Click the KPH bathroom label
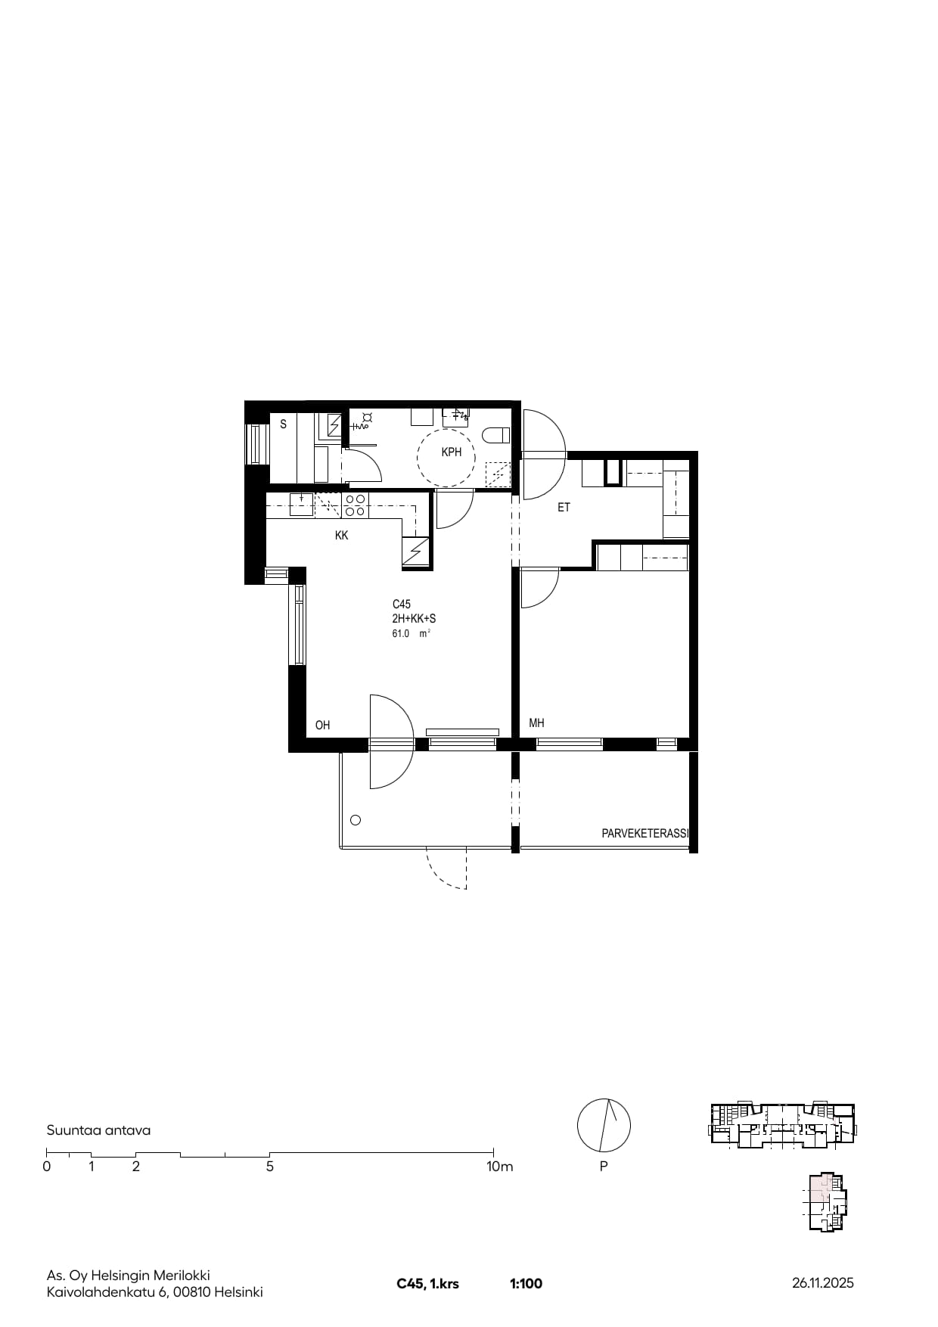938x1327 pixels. (x=451, y=452)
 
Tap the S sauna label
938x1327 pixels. (x=284, y=424)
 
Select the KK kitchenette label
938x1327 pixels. (x=341, y=536)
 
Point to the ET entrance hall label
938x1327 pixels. (x=564, y=508)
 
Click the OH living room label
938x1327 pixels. (x=323, y=726)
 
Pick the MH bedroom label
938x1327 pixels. (x=536, y=723)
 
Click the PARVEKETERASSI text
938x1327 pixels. (x=645, y=834)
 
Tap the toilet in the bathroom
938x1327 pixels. (x=496, y=435)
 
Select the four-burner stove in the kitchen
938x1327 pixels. (x=356, y=505)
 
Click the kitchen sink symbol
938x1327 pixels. (x=302, y=505)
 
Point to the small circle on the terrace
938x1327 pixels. (x=356, y=820)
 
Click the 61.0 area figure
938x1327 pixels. (x=401, y=634)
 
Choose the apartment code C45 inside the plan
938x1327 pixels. (x=402, y=604)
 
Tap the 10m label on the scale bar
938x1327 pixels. (x=499, y=1167)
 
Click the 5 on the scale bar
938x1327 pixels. (x=270, y=1167)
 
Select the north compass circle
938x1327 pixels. (x=604, y=1124)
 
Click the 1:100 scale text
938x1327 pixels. (x=526, y=1284)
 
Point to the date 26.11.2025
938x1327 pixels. (x=823, y=1283)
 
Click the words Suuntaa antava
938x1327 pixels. (x=98, y=1130)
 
